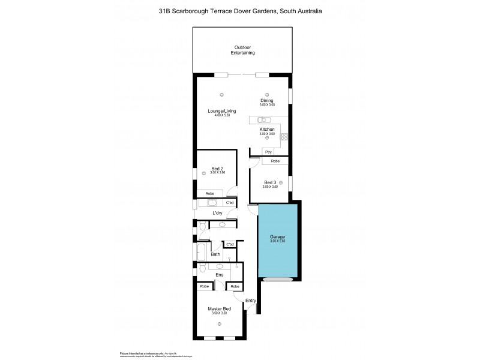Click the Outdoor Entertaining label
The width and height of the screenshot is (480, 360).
tap(243, 50)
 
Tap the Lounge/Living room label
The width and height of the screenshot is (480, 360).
tap(221, 111)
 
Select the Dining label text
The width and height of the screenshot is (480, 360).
tap(267, 100)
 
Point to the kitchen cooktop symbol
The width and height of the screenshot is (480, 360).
tap(285, 136)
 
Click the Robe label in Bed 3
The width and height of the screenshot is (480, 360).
tap(275, 161)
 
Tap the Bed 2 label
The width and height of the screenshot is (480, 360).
tap(217, 169)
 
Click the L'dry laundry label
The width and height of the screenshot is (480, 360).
tap(217, 213)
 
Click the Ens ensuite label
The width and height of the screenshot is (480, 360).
tap(219, 275)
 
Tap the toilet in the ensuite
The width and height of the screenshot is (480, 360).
tap(202, 268)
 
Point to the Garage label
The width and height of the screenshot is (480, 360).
tap(277, 237)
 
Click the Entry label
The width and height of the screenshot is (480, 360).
tap(251, 301)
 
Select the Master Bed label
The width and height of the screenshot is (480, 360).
tap(219, 308)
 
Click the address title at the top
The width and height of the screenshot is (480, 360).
tap(240, 11)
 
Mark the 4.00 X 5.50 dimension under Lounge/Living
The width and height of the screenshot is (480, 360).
tap(221, 115)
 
